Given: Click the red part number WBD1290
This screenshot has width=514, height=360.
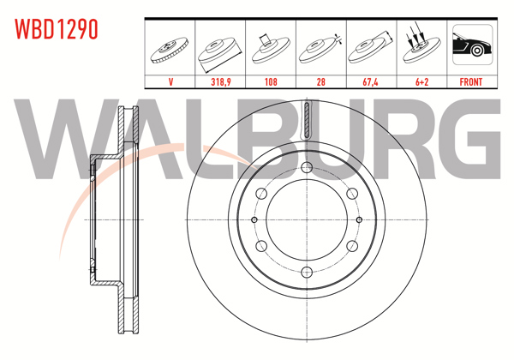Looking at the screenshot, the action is [x=57, y=29].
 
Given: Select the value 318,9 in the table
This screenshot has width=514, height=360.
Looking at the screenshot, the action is [x=221, y=81].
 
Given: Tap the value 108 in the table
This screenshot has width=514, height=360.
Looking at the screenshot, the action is [x=271, y=81].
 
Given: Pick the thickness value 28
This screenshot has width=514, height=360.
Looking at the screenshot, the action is [x=321, y=81].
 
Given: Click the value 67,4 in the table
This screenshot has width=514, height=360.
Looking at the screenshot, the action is [x=370, y=81].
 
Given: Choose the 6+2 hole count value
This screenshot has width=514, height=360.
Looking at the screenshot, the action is [x=421, y=81].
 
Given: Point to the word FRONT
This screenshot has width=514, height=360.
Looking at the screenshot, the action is [x=471, y=81].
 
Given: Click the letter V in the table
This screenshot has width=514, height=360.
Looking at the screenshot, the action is [x=170, y=81].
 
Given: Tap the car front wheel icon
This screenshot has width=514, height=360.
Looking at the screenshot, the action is [x=472, y=45].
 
